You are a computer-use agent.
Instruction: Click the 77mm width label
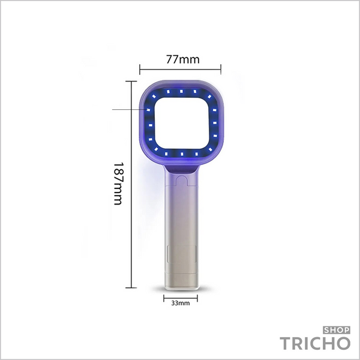(183, 59)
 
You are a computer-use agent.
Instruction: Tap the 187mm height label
(119, 184)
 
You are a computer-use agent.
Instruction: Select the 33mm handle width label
(181, 303)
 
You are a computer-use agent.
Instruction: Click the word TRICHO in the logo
(315, 343)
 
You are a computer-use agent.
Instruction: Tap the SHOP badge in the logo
(337, 330)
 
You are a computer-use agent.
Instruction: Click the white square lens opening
(182, 123)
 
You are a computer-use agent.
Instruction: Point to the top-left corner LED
(154, 97)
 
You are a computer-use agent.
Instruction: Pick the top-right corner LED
(209, 97)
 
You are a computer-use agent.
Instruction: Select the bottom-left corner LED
(156, 149)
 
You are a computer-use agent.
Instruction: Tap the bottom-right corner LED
(211, 149)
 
